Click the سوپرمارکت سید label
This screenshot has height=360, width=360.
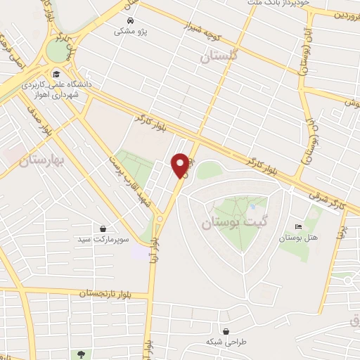click(104, 240)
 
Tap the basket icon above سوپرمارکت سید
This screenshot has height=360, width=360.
click(104, 229)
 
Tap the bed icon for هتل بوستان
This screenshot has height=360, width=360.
click(299, 227)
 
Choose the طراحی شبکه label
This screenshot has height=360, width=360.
click(224, 342)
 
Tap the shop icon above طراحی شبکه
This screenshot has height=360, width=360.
click(225, 331)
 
